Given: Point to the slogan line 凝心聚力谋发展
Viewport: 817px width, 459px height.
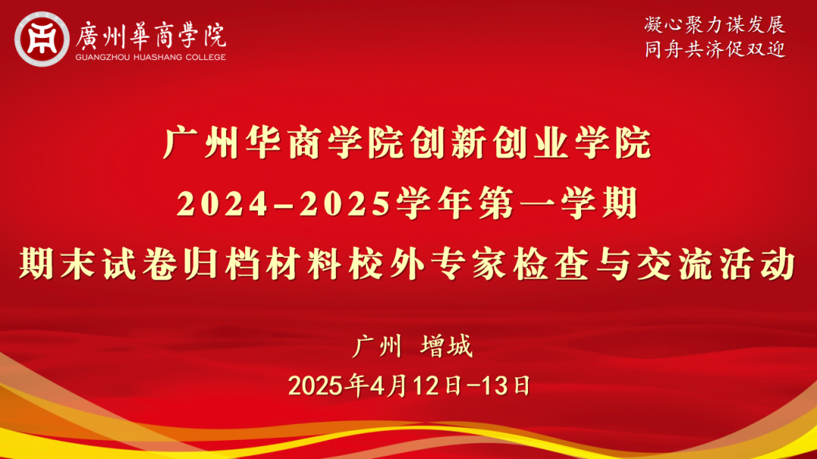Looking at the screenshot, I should coord(715,24).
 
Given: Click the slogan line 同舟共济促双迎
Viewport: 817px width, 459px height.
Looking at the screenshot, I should coord(715,50).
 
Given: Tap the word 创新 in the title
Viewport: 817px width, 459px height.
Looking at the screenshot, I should coord(449,144).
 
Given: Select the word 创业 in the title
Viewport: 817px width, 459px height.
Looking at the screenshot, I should coord(531,144).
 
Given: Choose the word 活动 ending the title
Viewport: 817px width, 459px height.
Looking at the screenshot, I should coord(775,265).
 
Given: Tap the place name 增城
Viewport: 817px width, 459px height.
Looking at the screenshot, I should coord(446,348).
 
